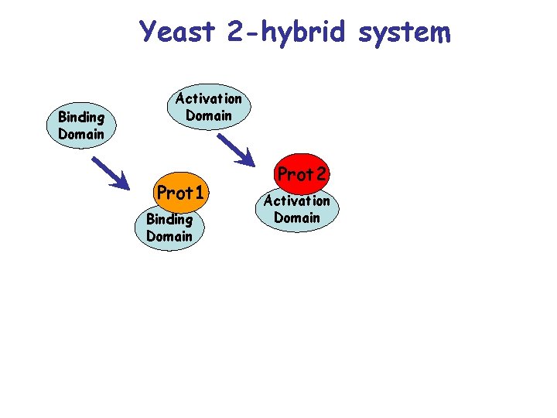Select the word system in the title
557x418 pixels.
408,32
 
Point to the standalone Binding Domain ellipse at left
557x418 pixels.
80,125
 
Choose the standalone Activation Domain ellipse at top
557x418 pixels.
208,107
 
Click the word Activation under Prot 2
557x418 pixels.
297,201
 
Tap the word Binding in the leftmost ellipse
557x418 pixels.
80,118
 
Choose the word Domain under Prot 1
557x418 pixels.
169,236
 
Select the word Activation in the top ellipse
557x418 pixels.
208,99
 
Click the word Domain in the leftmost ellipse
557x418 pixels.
80,133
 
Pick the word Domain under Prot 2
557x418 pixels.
297,218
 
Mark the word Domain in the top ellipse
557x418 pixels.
208,115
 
